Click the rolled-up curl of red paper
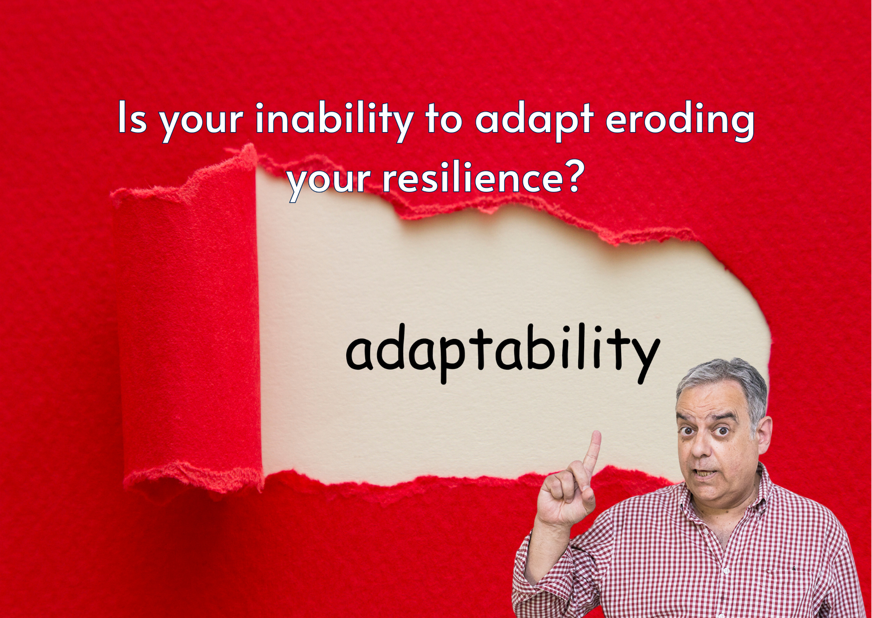pos(187,319)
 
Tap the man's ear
pos(764,434)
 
